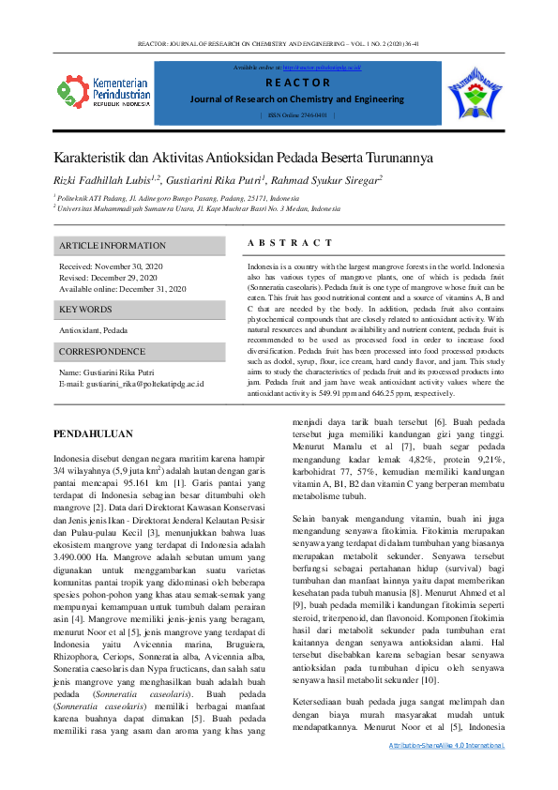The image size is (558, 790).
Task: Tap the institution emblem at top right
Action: pyautogui.click(x=477, y=92)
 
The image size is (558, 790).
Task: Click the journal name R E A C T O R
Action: pyautogui.click(x=297, y=83)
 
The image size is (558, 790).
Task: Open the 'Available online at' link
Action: pyautogui.click(x=322, y=68)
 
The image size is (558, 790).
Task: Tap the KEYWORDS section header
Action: pyautogui.click(x=86, y=309)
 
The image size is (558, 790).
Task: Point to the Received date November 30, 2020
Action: pyautogui.click(x=110, y=267)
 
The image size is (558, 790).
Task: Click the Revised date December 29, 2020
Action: pyautogui.click(x=108, y=278)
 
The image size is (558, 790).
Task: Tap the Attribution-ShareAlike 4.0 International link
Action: pyautogui.click(x=446, y=771)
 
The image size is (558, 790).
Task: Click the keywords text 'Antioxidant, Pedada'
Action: pyautogui.click(x=94, y=330)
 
